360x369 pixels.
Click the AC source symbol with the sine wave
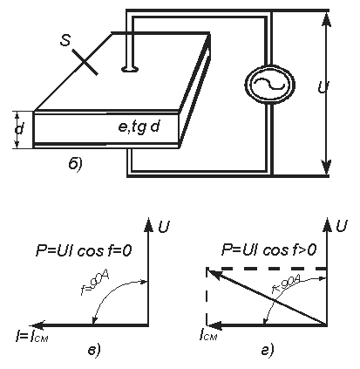[270, 85]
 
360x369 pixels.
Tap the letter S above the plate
[65, 40]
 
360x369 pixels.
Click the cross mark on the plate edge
[85, 62]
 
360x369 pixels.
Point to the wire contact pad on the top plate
[129, 69]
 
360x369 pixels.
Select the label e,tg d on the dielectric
[139, 126]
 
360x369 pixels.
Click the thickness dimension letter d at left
[19, 129]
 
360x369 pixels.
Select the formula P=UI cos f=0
[84, 250]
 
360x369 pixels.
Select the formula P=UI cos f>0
[268, 250]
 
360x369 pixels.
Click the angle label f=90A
[95, 284]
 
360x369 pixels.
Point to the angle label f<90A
[286, 285]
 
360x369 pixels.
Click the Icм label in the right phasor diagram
[208, 335]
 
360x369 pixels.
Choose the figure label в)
[94, 350]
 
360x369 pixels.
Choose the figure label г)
[267, 350]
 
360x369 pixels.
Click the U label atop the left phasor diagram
[164, 227]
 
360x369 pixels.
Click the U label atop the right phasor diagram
[342, 226]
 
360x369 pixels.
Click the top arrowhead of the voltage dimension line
[326, 20]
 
